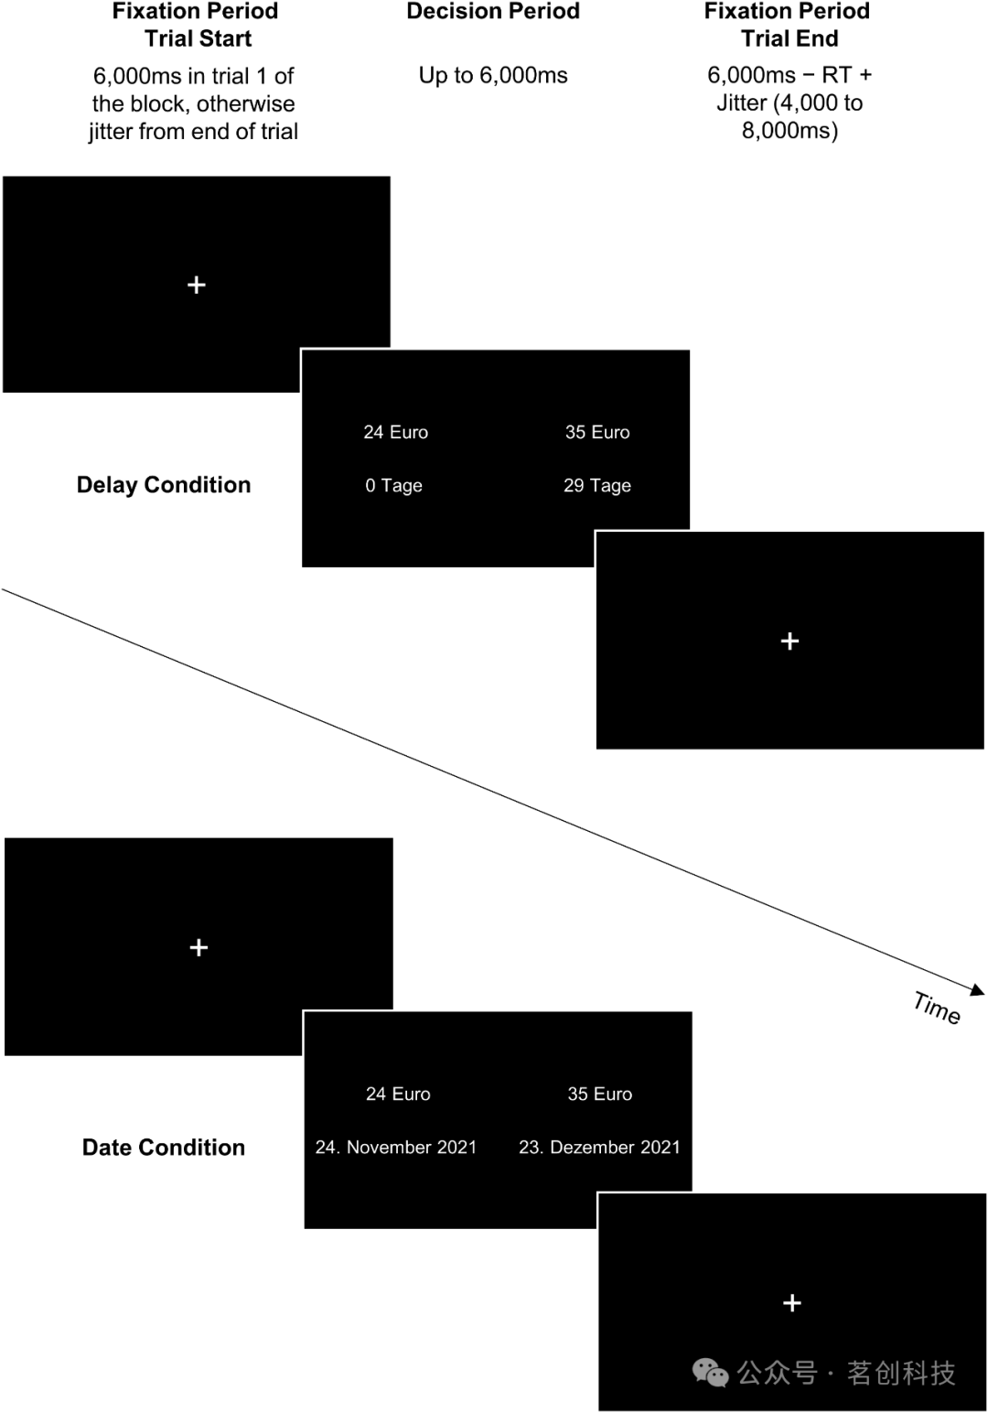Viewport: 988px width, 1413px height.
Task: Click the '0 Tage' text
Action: coord(393,486)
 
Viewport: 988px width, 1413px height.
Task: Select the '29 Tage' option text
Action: coord(597,486)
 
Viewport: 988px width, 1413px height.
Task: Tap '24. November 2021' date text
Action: coord(396,1148)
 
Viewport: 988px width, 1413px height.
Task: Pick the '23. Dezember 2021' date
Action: coord(599,1148)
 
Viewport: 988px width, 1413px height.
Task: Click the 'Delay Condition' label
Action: coord(164,485)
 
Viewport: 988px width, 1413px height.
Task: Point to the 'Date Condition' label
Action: coord(164,1148)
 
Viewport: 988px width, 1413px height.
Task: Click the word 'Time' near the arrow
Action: coord(937,1008)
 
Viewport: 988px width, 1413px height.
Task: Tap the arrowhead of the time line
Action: coord(978,989)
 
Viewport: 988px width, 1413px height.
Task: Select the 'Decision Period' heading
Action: coord(493,12)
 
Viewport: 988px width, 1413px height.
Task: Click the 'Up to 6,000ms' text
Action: coord(493,76)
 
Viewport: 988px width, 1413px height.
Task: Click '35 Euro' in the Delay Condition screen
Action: coord(597,433)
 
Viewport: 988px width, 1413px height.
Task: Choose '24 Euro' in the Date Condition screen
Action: coord(398,1095)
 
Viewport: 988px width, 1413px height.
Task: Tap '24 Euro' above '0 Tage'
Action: coord(395,433)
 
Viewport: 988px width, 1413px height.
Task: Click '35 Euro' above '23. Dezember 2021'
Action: coord(599,1095)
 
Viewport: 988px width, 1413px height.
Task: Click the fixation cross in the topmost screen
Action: coord(197,286)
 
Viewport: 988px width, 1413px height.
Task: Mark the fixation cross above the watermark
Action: coord(792,1302)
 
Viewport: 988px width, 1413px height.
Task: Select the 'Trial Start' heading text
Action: coord(198,39)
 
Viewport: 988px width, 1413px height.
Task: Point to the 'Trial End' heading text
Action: coord(789,39)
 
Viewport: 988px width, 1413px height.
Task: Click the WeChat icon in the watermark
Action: coord(711,1372)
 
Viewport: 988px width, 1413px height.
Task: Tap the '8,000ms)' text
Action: coord(789,131)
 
